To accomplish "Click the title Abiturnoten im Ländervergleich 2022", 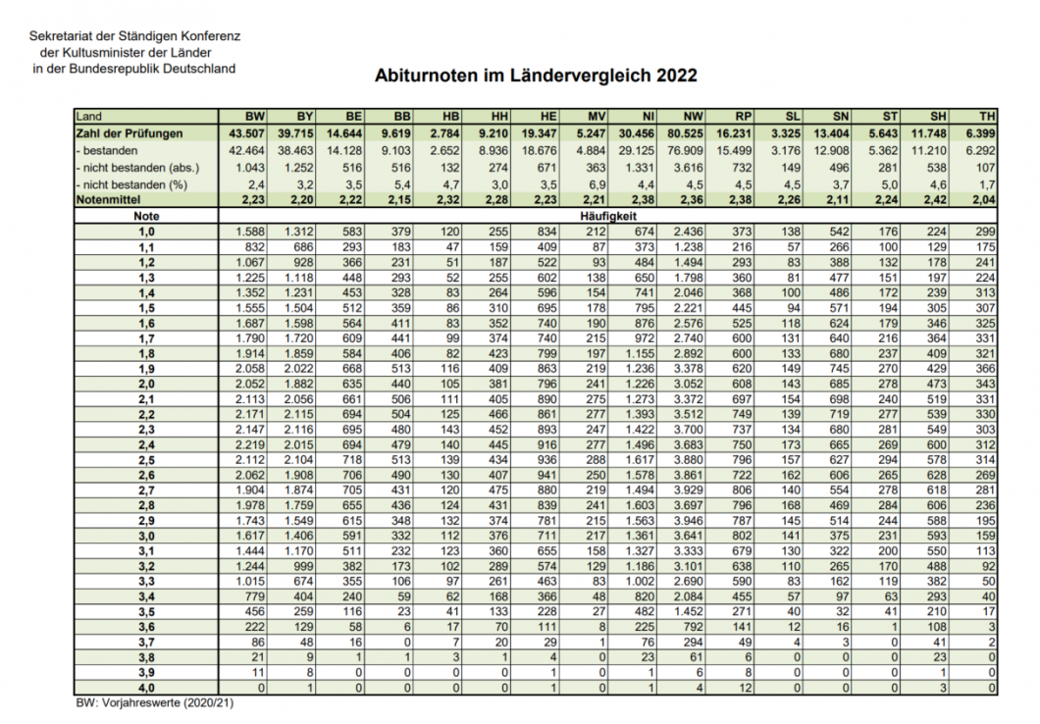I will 536,75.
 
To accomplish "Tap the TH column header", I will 988,117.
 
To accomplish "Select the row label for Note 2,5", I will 147,460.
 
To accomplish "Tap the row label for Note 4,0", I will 147,690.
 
